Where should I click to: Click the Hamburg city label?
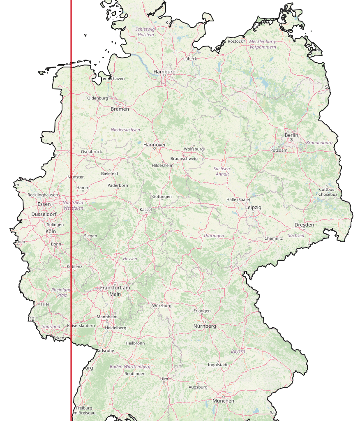(x=164, y=72)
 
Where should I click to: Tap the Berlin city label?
(x=291, y=135)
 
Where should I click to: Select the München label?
(x=223, y=400)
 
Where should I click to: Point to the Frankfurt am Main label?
(x=115, y=291)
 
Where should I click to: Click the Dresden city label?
(x=304, y=225)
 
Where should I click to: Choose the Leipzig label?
(x=253, y=208)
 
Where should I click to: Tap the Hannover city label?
(x=155, y=145)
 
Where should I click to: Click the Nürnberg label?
(x=205, y=326)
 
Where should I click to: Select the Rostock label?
(x=235, y=41)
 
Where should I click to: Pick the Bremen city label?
(x=120, y=109)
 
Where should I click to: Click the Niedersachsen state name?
(x=125, y=130)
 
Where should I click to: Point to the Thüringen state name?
(x=214, y=236)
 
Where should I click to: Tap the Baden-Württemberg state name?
(x=130, y=366)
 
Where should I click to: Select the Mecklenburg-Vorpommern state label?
(x=263, y=44)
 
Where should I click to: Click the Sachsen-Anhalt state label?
(x=222, y=171)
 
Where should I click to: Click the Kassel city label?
(x=145, y=209)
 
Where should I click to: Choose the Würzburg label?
(x=162, y=306)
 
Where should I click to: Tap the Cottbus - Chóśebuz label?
(x=328, y=192)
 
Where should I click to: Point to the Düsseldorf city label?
(x=44, y=214)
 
